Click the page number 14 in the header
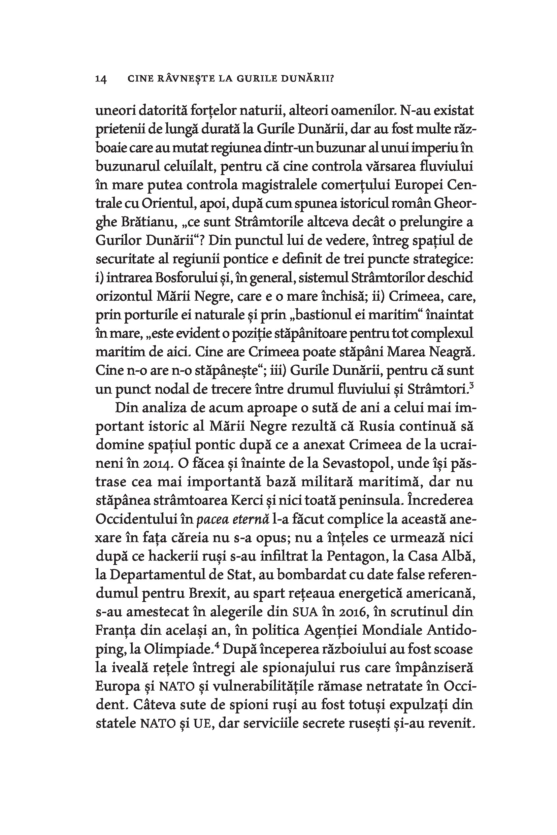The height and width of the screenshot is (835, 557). pos(101,79)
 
